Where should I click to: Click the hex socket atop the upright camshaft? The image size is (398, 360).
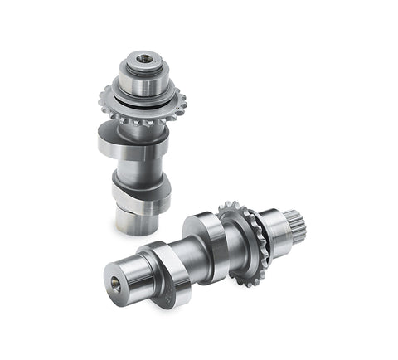coord(147,60)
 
